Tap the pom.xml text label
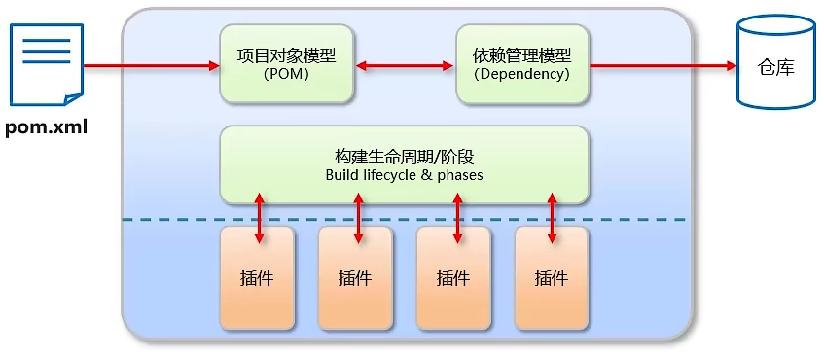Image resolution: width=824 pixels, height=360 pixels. (x=46, y=127)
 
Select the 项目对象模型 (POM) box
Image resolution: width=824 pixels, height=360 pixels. (x=286, y=65)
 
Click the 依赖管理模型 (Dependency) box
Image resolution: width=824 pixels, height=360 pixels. (x=521, y=65)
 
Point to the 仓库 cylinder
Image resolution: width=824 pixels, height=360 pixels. (x=776, y=65)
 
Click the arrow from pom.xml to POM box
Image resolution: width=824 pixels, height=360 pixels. (x=152, y=66)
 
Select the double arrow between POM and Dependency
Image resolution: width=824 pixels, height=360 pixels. (x=404, y=66)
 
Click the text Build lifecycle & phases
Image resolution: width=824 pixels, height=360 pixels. (x=404, y=176)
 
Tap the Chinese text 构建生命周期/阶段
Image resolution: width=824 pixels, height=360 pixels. (x=404, y=157)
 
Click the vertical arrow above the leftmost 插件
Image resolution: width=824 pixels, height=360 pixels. (x=259, y=217)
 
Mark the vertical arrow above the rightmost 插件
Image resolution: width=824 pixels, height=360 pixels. (x=553, y=217)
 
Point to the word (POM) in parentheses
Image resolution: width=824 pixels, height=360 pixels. (x=286, y=74)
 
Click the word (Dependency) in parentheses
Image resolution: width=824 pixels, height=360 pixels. (x=521, y=74)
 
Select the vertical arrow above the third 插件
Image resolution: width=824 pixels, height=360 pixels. (x=456, y=217)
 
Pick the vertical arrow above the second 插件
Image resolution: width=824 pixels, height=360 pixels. (x=358, y=217)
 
